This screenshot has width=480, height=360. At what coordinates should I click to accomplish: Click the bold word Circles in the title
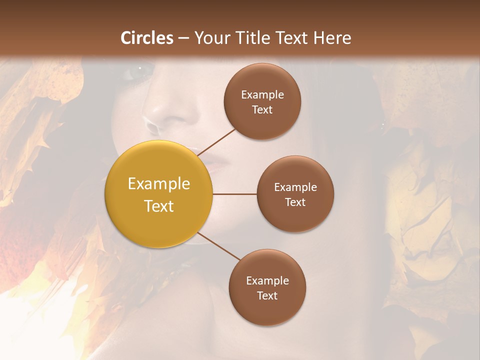(147, 38)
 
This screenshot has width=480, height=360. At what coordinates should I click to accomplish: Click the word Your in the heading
(212, 38)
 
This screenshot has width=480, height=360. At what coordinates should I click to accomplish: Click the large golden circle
(158, 194)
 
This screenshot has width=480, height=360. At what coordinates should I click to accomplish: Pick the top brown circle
(262, 101)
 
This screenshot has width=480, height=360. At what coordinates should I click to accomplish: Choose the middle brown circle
(295, 194)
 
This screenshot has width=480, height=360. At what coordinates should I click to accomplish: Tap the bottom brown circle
(267, 287)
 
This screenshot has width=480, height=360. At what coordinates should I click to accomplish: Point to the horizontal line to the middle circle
(234, 194)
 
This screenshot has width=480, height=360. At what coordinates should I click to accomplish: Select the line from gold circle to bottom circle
(219, 246)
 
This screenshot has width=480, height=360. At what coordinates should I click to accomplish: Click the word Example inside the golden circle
(158, 184)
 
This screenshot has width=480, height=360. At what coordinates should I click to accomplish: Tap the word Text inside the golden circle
(158, 206)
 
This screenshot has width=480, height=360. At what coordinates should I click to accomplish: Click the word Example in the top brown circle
(262, 94)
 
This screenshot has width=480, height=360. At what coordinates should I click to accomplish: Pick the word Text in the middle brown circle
(295, 202)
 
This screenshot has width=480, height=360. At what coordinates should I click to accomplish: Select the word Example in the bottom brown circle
(267, 280)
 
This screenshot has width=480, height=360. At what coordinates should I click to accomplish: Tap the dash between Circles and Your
(183, 38)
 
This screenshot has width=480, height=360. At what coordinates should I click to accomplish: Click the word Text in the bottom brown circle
(267, 295)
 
